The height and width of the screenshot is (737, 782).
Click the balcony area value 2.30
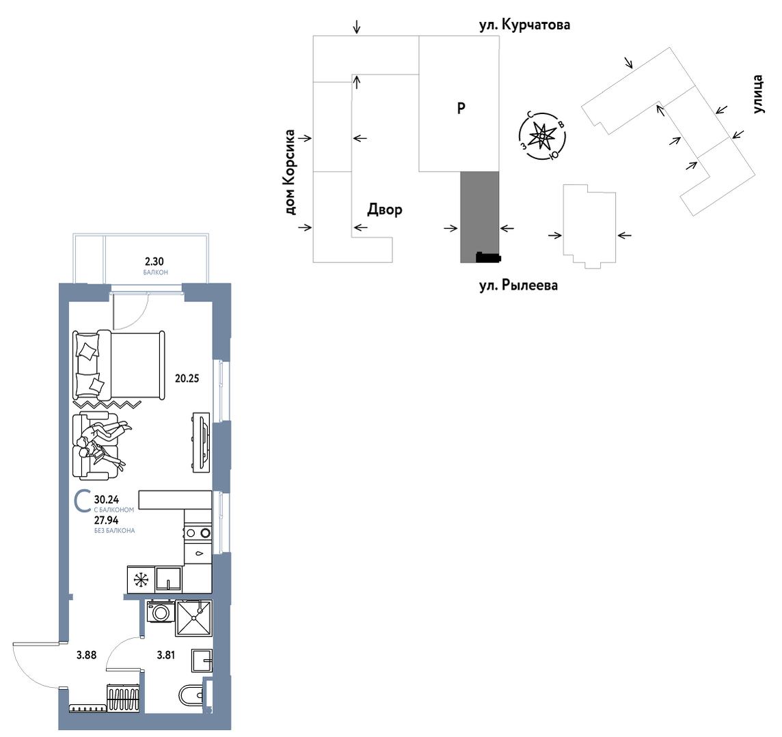[154, 261]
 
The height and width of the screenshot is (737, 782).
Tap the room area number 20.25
[187, 378]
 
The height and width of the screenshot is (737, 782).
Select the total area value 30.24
[106, 499]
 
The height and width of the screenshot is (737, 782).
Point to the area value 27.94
[106, 520]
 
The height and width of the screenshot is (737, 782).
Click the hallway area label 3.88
[86, 655]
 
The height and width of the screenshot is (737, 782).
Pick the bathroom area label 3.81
[166, 655]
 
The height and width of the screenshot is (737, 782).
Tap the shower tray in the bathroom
[193, 618]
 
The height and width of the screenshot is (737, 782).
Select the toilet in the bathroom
[191, 695]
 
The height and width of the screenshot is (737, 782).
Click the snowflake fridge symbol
[141, 579]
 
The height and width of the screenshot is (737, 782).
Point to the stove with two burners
[198, 533]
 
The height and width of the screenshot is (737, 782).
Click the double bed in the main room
[119, 365]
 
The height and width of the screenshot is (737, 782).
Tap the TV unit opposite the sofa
[202, 443]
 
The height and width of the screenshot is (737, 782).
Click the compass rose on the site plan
[542, 135]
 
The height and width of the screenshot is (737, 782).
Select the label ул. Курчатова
[525, 25]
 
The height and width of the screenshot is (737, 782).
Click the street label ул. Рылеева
[519, 286]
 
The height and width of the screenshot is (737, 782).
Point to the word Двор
[385, 210]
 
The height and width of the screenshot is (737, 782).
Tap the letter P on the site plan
[461, 108]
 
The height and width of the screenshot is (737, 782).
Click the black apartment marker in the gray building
[488, 257]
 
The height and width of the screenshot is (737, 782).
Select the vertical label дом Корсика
[290, 172]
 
